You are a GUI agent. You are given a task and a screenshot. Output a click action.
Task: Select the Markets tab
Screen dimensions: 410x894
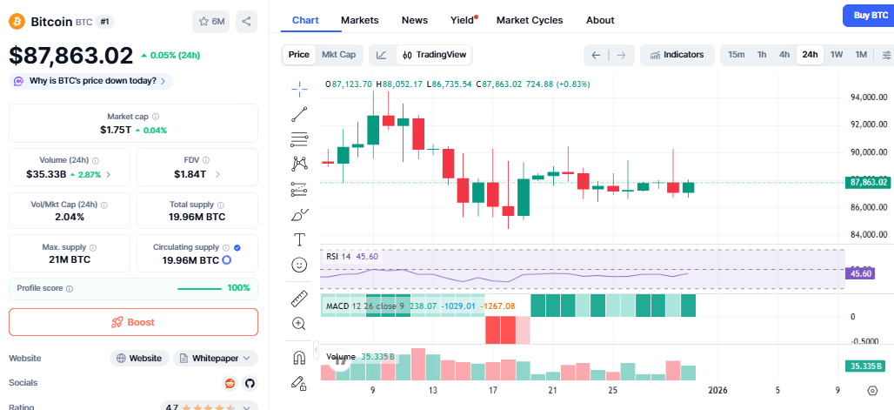point(359,20)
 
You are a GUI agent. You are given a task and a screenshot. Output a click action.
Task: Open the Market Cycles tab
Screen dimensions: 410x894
point(529,20)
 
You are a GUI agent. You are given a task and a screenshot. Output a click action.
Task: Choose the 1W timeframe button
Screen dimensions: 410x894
point(837,55)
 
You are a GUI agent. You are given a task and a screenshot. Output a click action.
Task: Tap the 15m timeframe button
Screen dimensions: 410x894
point(736,55)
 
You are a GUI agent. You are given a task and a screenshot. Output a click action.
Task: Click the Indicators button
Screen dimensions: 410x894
point(677,55)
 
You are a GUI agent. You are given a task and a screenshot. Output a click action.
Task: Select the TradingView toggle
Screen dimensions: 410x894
point(434,55)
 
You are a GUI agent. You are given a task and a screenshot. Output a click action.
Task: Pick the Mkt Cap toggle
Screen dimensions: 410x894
point(338,55)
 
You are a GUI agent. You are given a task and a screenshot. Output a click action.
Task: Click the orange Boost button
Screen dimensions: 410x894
point(133,322)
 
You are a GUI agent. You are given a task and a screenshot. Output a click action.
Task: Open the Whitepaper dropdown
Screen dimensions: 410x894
point(216,358)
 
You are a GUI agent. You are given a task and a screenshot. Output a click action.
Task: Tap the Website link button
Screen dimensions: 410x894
point(139,358)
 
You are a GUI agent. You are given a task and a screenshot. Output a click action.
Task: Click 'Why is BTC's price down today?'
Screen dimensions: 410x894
point(91,81)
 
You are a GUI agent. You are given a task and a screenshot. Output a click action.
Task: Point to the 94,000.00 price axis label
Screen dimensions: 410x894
point(869,97)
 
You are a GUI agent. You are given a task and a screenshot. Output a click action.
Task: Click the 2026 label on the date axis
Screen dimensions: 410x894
point(718,390)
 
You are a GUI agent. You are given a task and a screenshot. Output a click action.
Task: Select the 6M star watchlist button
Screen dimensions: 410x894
point(210,22)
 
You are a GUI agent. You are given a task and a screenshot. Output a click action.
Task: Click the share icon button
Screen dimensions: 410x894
point(246,22)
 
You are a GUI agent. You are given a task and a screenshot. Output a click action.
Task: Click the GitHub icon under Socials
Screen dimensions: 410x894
point(250,383)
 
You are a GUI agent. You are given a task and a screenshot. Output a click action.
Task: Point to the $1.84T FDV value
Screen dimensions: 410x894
point(190,174)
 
